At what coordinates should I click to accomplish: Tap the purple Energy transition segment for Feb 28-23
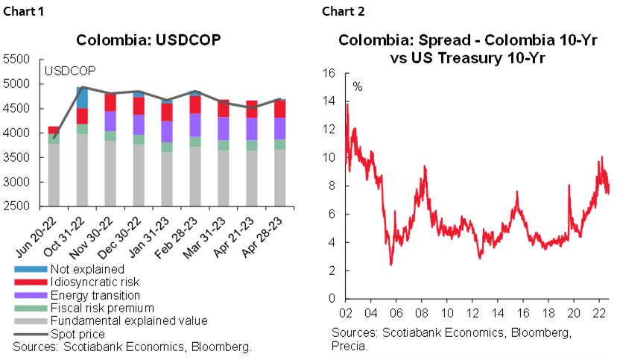195,124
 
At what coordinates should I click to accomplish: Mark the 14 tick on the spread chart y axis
329,101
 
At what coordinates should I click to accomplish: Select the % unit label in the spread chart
357,87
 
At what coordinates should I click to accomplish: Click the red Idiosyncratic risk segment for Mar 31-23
223,109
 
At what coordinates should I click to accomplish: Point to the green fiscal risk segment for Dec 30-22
139,139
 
